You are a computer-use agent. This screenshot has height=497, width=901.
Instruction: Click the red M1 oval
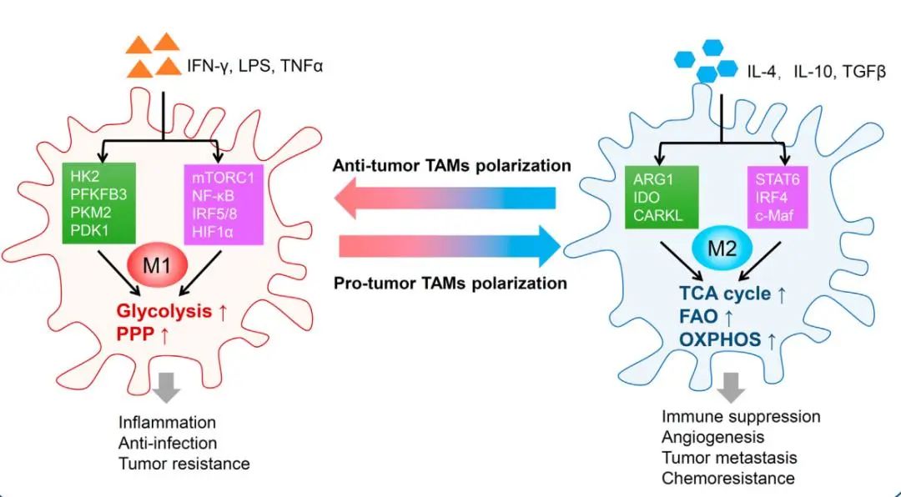[158, 265]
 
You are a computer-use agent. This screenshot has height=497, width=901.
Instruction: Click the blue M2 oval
[722, 248]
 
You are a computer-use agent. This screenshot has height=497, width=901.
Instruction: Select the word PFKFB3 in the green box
[98, 194]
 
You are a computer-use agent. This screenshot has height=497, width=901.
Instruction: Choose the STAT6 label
[777, 179]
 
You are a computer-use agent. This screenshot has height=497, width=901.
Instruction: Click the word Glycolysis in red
[164, 311]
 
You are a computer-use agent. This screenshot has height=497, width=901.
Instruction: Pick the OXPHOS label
[720, 339]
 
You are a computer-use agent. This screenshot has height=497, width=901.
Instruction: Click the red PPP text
[135, 334]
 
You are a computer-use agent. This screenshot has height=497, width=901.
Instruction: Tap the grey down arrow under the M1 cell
[167, 388]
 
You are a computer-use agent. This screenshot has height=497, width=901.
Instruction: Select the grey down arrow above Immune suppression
[732, 388]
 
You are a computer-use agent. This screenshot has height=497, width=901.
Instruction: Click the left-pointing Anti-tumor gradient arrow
[445, 198]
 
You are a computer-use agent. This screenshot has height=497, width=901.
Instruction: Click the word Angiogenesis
[712, 437]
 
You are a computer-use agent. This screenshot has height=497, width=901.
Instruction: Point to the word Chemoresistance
[728, 478]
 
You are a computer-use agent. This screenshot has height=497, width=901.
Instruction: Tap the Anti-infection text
[167, 443]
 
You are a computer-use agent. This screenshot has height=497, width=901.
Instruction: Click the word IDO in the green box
[646, 198]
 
